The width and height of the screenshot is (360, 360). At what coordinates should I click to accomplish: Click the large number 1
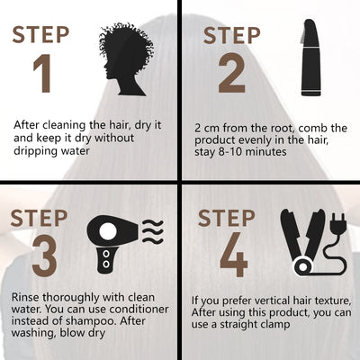point(42,74)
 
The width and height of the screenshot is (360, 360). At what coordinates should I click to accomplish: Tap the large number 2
point(232,73)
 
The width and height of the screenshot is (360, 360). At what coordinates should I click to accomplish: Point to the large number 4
point(234,255)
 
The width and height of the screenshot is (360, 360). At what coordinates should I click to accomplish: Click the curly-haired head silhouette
point(126,58)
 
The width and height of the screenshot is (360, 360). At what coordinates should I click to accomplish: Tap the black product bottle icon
point(310,58)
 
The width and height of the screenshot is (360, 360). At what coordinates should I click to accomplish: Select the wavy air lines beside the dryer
point(153,231)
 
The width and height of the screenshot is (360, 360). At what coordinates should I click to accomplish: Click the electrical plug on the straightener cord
point(337,224)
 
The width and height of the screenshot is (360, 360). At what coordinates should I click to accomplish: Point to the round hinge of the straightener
point(302,266)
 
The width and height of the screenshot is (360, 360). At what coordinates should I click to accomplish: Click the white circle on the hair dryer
point(107,231)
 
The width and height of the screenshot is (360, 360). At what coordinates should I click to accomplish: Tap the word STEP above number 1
point(40,35)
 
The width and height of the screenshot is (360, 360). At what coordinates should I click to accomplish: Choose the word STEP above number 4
point(227,218)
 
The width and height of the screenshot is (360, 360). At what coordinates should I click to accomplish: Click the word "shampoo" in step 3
point(90,321)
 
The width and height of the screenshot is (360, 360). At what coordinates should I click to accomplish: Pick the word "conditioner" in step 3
point(139,309)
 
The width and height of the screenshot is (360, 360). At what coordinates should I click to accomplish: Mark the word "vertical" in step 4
point(256,301)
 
